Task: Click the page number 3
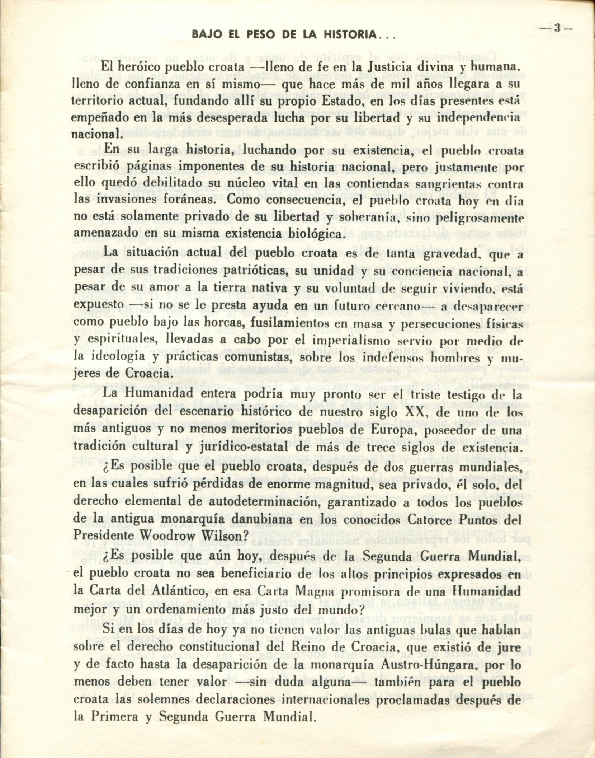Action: coord(557,28)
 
